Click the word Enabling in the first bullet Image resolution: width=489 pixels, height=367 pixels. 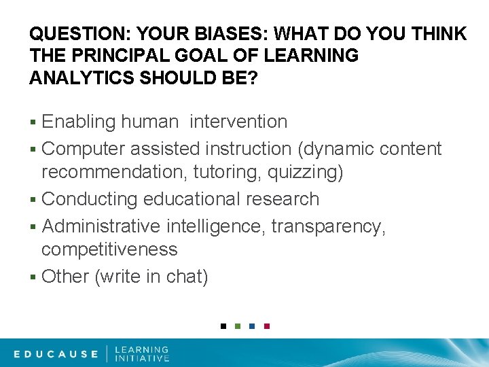coord(79,122)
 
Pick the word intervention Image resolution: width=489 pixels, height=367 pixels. coord(238,122)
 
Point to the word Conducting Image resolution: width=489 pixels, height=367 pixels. coord(90,199)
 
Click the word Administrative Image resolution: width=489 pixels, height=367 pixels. coord(101,226)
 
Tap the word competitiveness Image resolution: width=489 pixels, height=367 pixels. coord(109,249)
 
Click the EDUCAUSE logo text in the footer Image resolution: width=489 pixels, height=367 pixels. coord(56,353)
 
